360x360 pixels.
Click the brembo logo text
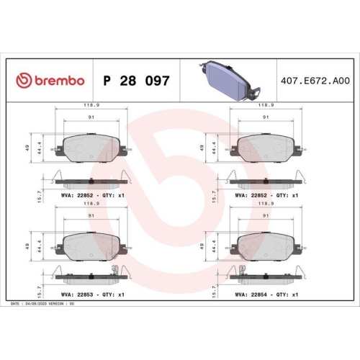pos(57,81)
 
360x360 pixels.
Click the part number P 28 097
pos(137,81)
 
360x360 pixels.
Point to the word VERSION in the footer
pos(72,304)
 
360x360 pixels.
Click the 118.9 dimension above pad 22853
pos(91,204)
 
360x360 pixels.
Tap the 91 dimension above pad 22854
pos(266,216)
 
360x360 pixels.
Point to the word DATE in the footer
pos(16,304)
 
